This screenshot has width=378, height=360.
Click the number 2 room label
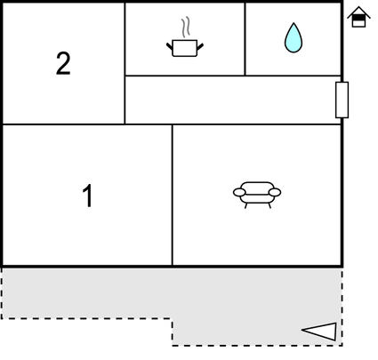(x=63, y=63)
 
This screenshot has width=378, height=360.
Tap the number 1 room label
(x=88, y=196)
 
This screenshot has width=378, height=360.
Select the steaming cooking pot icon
(x=185, y=37)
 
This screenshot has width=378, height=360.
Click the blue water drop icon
(x=294, y=37)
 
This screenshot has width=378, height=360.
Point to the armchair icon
(x=257, y=195)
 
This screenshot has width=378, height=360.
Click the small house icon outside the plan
(x=358, y=17)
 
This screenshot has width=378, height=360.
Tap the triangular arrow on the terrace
(x=319, y=332)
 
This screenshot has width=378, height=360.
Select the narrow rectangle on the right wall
(x=342, y=100)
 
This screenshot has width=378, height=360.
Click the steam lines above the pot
(x=186, y=27)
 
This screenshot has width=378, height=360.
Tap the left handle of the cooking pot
(x=169, y=46)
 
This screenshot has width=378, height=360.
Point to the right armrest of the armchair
(x=275, y=192)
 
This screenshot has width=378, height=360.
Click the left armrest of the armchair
(x=239, y=192)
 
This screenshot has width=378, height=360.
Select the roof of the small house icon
(x=358, y=12)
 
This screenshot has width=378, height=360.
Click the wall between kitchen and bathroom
(x=245, y=39)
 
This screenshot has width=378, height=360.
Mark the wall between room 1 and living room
(x=172, y=195)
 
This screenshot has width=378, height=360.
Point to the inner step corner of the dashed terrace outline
(x=172, y=319)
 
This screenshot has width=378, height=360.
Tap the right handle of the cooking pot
(x=200, y=46)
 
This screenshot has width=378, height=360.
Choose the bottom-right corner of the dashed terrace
(x=342, y=345)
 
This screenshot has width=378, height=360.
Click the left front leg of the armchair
(x=245, y=205)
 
